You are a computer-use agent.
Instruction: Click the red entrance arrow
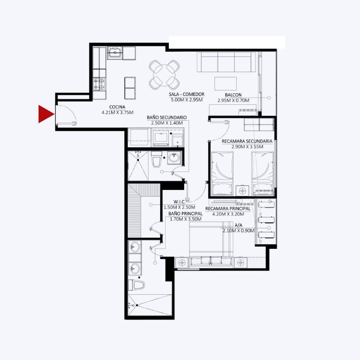45,114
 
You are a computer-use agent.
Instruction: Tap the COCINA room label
117,107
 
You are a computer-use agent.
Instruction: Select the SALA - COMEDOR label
186,94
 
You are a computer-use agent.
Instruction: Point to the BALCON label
233,95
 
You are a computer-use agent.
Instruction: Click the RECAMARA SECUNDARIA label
247,141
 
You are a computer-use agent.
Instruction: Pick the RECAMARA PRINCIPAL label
228,209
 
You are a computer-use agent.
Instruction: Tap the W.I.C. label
180,202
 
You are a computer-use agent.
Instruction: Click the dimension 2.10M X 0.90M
238,231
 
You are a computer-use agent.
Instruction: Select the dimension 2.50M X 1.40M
167,123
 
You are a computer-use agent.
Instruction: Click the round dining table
164,75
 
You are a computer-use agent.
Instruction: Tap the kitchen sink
115,53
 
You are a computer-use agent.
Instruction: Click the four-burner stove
99,84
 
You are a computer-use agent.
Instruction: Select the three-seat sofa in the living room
226,62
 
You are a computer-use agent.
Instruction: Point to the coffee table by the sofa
225,84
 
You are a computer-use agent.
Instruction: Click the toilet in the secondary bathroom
157,159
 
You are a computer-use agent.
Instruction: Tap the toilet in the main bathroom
136,285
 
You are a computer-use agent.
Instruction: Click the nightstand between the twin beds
243,190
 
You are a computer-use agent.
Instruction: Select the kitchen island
130,88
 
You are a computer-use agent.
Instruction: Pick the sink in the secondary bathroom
174,158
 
